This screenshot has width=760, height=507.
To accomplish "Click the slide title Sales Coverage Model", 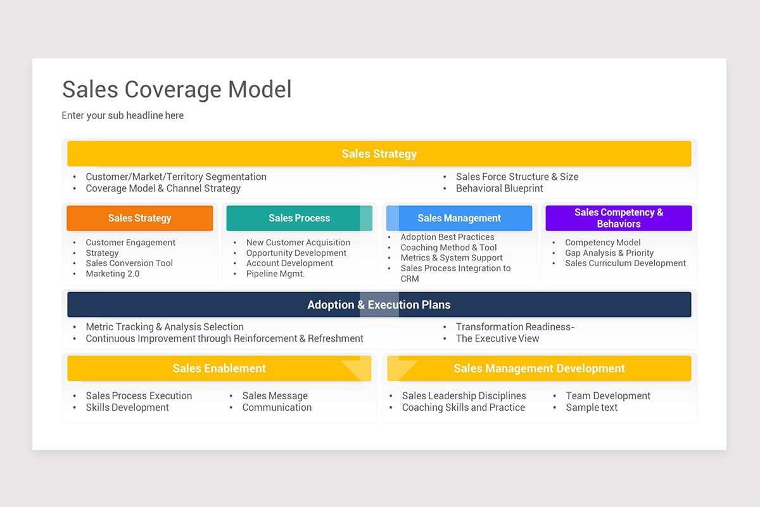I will pyautogui.click(x=177, y=89).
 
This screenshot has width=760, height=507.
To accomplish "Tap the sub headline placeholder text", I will pyautogui.click(x=123, y=115).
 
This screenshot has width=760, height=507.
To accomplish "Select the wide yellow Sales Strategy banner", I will pyautogui.click(x=379, y=154).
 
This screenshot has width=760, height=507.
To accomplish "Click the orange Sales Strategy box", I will pyautogui.click(x=139, y=218).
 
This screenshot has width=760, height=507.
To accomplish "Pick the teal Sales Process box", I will pyautogui.click(x=299, y=218).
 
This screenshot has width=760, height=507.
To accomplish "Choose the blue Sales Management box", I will pyautogui.click(x=459, y=218).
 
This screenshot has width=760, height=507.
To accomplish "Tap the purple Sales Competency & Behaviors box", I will pyautogui.click(x=618, y=218).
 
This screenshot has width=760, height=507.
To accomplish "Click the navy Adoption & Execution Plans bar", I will pyautogui.click(x=379, y=305).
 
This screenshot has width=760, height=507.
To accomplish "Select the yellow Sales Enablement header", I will pyautogui.click(x=219, y=368).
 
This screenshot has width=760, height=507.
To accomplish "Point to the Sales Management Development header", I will pyautogui.click(x=539, y=368).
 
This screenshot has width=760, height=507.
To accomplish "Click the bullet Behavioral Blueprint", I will pyautogui.click(x=499, y=188).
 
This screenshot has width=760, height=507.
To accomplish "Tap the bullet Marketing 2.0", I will pyautogui.click(x=113, y=274).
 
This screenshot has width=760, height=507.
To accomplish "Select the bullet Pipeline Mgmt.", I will pyautogui.click(x=275, y=274).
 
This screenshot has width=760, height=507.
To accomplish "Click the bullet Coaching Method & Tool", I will pyautogui.click(x=448, y=248).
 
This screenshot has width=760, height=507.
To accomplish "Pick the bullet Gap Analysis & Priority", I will pyautogui.click(x=609, y=253).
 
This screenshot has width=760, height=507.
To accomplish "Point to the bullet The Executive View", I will pyautogui.click(x=497, y=338).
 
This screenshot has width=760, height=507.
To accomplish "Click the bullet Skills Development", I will pyautogui.click(x=127, y=408).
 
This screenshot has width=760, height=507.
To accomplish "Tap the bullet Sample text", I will pyautogui.click(x=592, y=408).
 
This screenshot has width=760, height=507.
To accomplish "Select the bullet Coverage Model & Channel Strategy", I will pyautogui.click(x=163, y=188).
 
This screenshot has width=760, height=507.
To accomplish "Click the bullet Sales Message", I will pyautogui.click(x=275, y=395).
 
